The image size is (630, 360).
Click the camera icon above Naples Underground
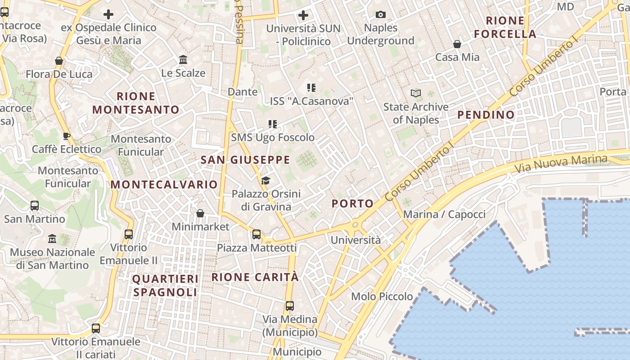[x=381, y=15]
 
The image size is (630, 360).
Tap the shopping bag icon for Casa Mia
[x=457, y=44]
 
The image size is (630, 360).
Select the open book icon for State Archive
[x=416, y=94]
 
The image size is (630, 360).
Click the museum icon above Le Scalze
[x=183, y=60]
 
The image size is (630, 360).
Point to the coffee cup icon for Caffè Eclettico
[x=67, y=136]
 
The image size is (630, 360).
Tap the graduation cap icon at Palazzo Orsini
[x=265, y=181]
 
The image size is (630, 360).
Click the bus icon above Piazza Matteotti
[x=256, y=234]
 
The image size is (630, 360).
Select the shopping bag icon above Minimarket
[x=200, y=213]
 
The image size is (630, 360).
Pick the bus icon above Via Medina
[x=290, y=306]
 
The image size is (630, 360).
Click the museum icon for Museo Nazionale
[x=52, y=238]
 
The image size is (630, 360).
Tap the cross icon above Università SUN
[x=303, y=15]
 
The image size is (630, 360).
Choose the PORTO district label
[x=353, y=204]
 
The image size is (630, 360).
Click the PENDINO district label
[x=486, y=115]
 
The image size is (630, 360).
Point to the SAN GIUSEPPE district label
[x=245, y=160]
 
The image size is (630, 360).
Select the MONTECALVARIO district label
[x=164, y=184]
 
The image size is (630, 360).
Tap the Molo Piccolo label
[x=382, y=297]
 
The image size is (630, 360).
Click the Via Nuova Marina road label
[x=561, y=164]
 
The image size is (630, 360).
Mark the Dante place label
[x=243, y=92]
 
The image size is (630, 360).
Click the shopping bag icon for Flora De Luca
[x=58, y=61]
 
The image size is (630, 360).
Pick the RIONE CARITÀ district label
[x=255, y=277]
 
